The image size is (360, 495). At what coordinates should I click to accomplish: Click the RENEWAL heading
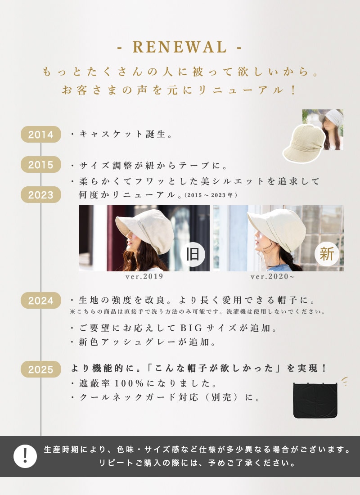point(180,47)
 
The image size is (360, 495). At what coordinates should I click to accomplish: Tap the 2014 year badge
point(41,134)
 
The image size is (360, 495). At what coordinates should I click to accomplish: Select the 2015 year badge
point(41,164)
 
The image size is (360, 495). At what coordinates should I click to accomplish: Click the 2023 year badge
point(41,195)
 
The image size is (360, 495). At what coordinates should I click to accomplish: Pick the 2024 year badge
point(41,301)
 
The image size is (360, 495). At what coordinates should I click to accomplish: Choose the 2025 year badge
point(41,369)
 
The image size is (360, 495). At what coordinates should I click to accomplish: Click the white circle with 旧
point(193,254)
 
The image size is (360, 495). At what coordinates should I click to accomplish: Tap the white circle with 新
point(327,254)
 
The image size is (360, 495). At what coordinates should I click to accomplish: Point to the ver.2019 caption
point(144,277)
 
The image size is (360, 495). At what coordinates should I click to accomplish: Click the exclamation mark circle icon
point(25,456)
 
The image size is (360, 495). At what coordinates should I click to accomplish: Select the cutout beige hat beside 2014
point(304,143)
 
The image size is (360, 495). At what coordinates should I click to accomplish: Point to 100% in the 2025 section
point(129,383)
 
